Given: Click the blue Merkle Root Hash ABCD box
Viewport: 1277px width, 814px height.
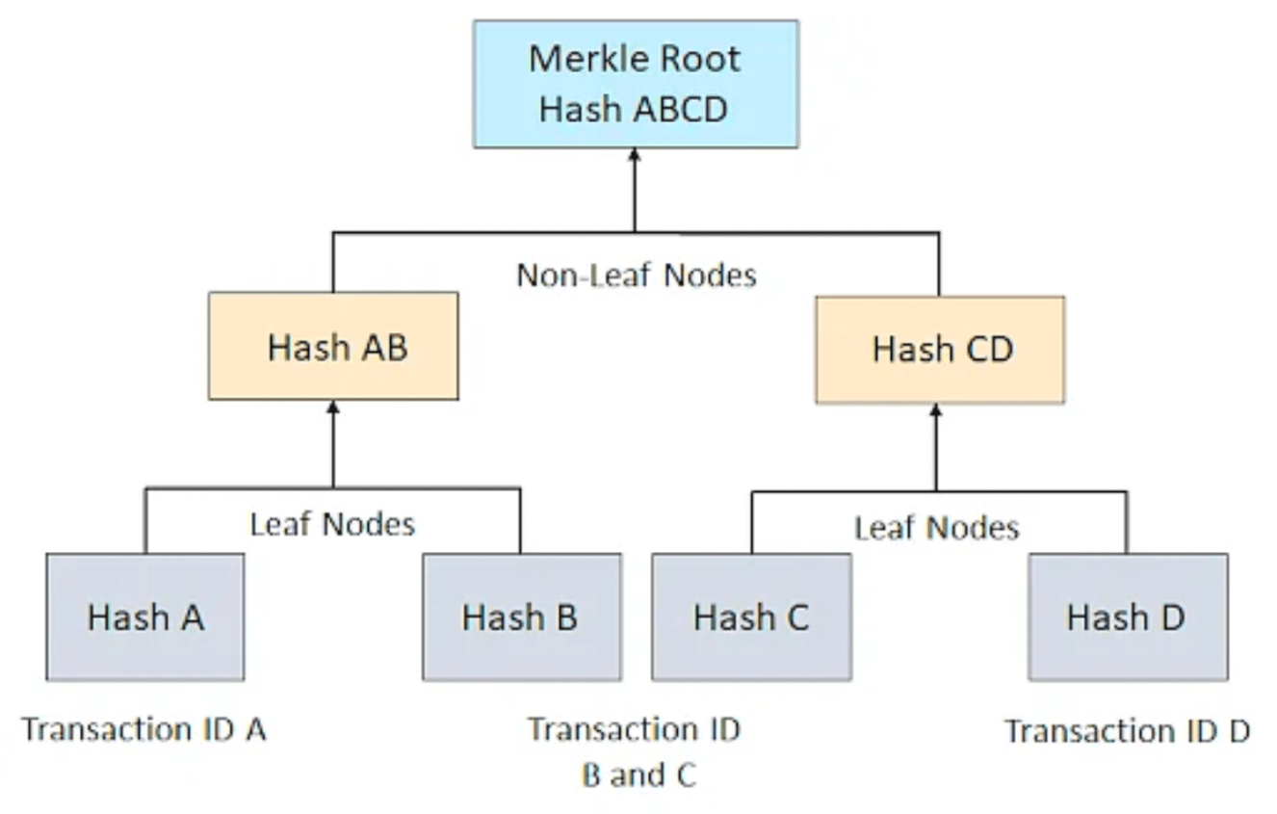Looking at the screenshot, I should click(635, 84).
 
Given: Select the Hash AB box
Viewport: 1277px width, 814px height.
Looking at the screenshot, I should click(333, 347).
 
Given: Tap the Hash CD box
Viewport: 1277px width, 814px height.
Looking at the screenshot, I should click(939, 349).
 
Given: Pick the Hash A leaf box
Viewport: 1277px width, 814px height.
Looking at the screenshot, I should click(145, 617).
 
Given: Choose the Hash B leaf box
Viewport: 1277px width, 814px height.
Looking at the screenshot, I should click(521, 617).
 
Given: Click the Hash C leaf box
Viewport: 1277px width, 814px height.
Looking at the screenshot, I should click(751, 617).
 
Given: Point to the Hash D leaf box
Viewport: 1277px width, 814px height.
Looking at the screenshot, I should click(1127, 617).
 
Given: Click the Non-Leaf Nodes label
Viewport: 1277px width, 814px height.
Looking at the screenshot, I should click(636, 276).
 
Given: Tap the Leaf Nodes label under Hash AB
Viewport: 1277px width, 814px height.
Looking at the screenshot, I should click(332, 524).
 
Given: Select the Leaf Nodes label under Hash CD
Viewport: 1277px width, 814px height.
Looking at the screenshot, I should click(936, 527).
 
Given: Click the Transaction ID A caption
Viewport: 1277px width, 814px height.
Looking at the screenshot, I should click(144, 729).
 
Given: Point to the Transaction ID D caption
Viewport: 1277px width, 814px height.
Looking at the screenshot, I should click(1127, 731).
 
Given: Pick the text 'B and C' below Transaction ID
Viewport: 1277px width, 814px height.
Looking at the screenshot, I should click(638, 775).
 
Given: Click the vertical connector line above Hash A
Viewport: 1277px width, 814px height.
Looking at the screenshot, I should click(145, 521).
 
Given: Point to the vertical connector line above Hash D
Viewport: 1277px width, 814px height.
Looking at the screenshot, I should click(1126, 523).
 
